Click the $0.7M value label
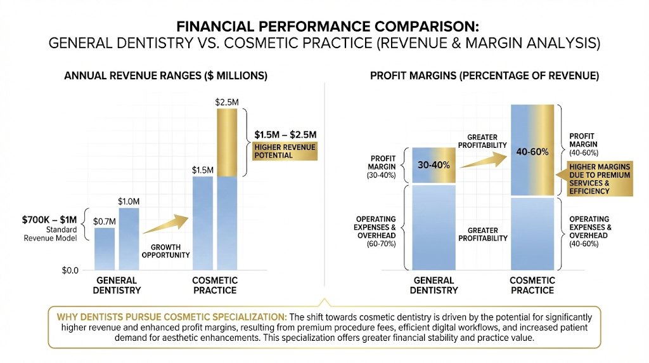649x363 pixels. (x=105, y=221)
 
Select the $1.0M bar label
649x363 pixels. (x=129, y=201)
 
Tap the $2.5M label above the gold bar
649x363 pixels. (x=226, y=102)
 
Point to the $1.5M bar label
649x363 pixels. (x=202, y=169)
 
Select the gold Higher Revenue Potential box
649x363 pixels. (x=284, y=151)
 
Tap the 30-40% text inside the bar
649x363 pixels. (x=434, y=165)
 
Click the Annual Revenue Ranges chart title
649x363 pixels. (x=166, y=76)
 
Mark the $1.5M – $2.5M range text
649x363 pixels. (x=285, y=135)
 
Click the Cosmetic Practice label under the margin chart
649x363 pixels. (x=532, y=285)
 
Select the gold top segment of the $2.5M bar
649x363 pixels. (x=227, y=142)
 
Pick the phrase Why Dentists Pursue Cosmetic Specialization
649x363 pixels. (x=171, y=316)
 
